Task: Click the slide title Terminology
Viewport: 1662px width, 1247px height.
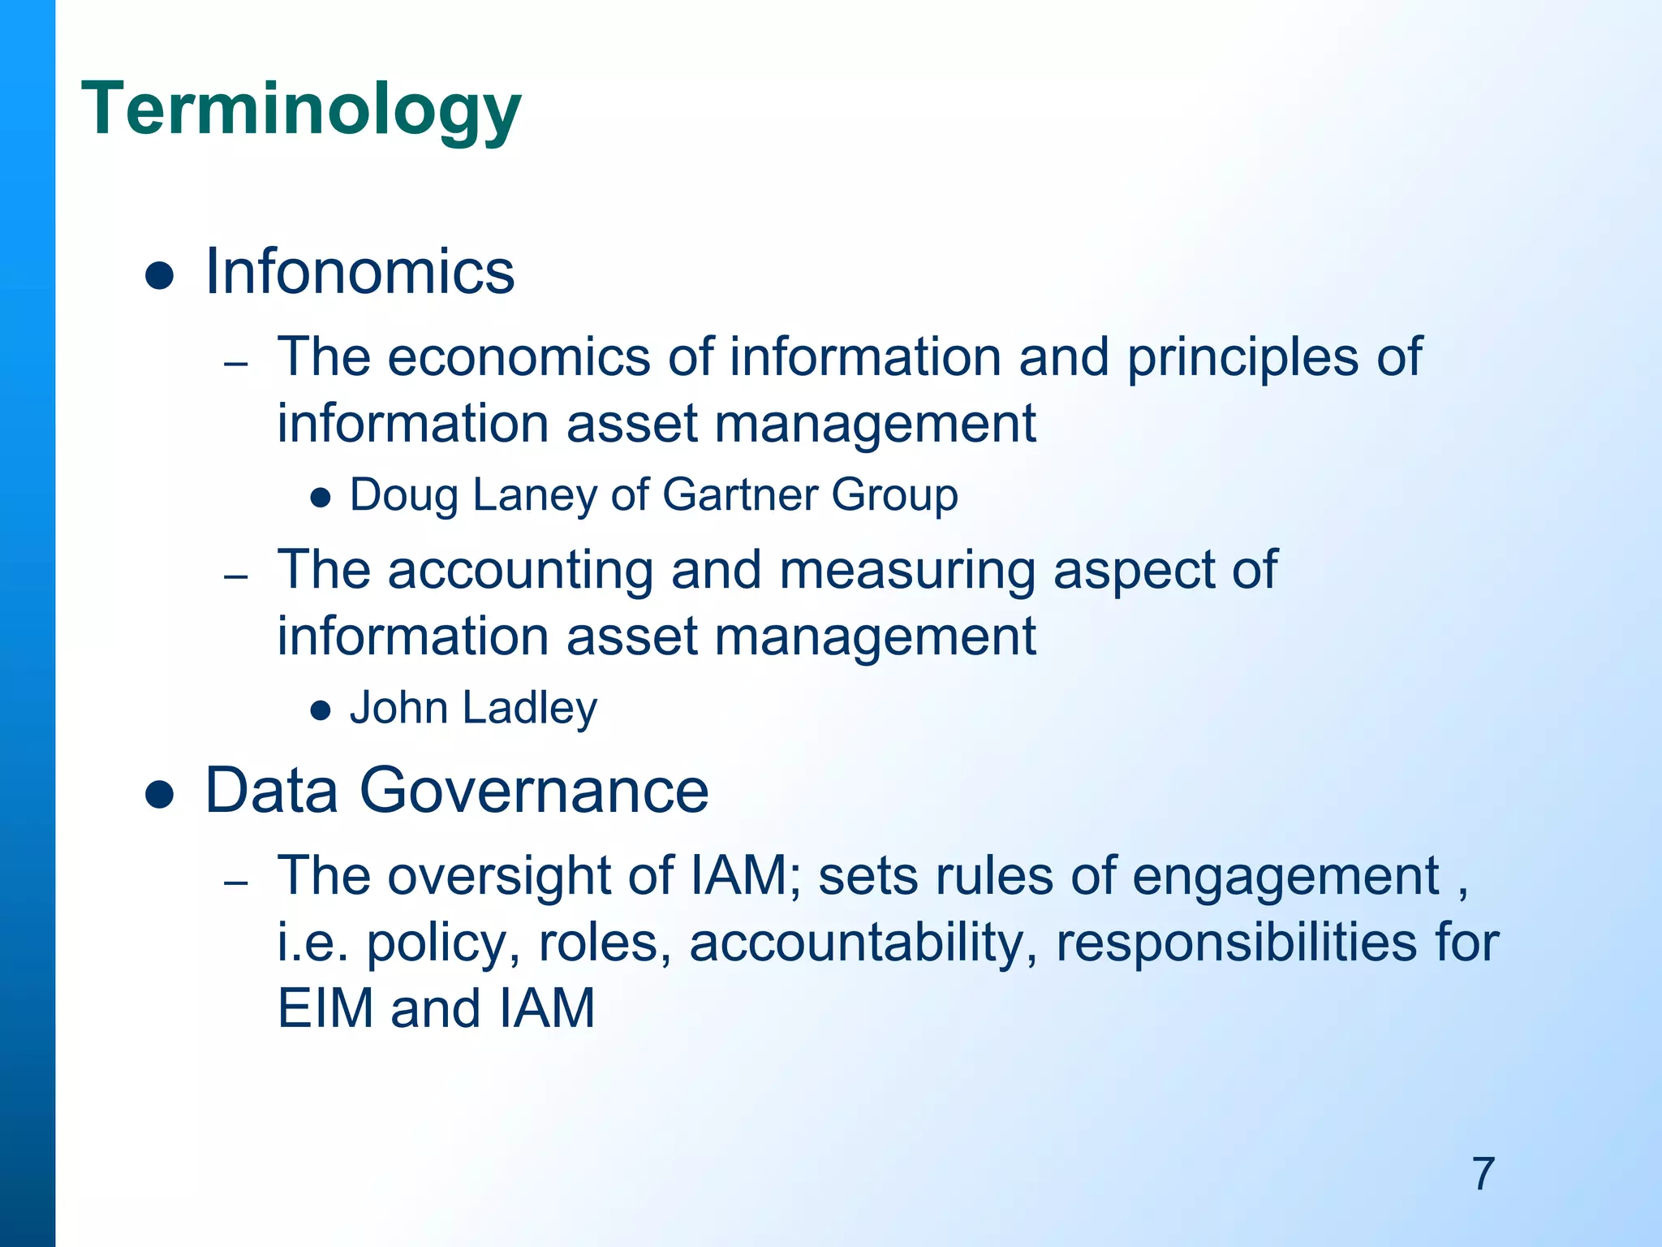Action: pyautogui.click(x=301, y=110)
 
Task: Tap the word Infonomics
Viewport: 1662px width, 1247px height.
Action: pyautogui.click(x=360, y=271)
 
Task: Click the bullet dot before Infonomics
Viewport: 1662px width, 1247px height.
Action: pyautogui.click(x=160, y=276)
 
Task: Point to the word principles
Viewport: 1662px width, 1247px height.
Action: pyautogui.click(x=1242, y=359)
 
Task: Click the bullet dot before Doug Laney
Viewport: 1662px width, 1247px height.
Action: pyautogui.click(x=321, y=498)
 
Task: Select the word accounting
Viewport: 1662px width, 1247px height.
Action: pyautogui.click(x=520, y=570)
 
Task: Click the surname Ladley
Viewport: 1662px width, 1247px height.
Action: pyautogui.click(x=530, y=709)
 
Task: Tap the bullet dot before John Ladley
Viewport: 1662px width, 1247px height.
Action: pyautogui.click(x=321, y=711)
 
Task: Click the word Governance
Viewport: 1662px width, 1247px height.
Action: pyautogui.click(x=534, y=790)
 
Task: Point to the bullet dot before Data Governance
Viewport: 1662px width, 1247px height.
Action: pyautogui.click(x=160, y=795)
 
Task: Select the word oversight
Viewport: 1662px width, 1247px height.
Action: pyautogui.click(x=530, y=878)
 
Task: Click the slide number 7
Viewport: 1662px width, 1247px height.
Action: pyautogui.click(x=1483, y=1174)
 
